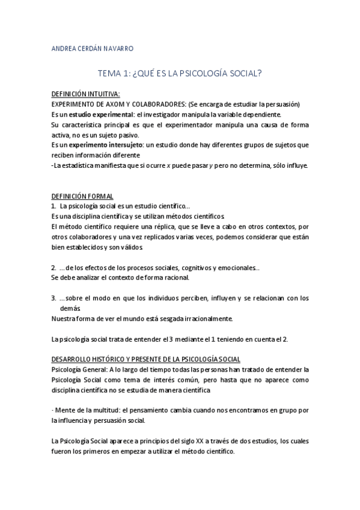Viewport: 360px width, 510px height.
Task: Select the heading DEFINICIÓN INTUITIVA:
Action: (85, 94)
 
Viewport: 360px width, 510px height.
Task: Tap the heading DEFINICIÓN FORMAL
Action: (82, 197)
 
